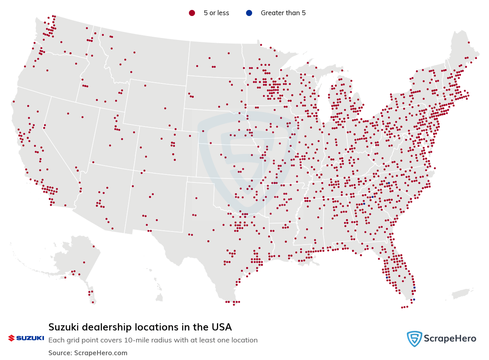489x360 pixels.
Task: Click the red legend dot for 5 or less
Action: (192, 13)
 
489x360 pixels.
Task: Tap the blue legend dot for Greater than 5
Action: (249, 13)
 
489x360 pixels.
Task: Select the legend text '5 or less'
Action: (216, 13)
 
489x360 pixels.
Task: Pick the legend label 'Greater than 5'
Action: (283, 13)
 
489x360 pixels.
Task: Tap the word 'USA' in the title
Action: (222, 327)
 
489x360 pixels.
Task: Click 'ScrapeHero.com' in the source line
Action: (101, 353)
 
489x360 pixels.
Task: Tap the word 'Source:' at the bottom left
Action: (60, 353)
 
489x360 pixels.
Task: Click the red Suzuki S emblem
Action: (11, 338)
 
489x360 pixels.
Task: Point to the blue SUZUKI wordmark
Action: (30, 338)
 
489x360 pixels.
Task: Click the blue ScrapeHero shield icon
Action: (414, 339)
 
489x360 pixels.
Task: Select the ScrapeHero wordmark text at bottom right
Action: (450, 339)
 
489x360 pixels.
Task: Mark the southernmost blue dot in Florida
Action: (414, 299)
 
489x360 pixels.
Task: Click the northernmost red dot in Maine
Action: (469, 42)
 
